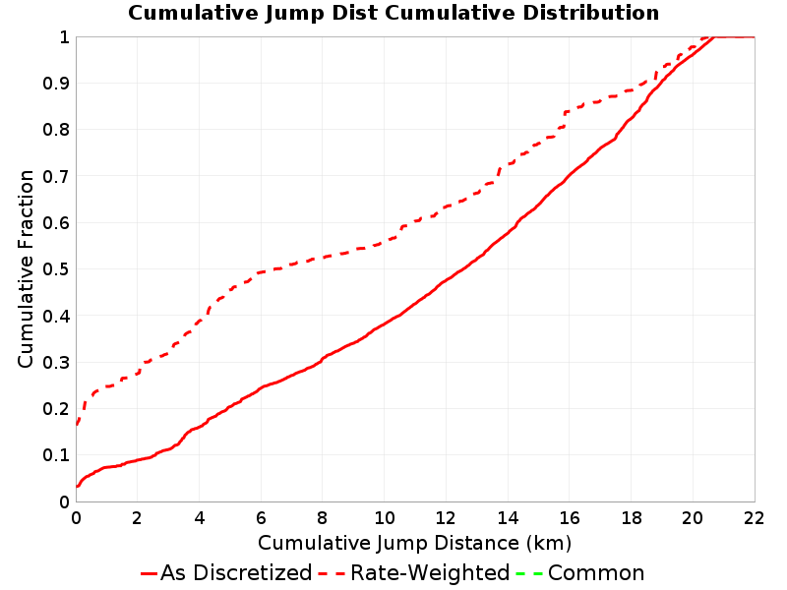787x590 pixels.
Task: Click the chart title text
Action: (x=393, y=13)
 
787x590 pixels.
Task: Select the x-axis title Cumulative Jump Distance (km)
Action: (x=414, y=544)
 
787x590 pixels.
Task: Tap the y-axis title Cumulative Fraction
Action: (x=26, y=268)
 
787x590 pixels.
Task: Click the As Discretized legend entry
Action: (x=226, y=572)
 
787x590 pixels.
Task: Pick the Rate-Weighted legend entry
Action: (x=414, y=572)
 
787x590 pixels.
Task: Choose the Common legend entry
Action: (x=580, y=572)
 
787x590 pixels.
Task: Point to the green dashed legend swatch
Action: (x=528, y=573)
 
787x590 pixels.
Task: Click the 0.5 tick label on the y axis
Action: (x=56, y=269)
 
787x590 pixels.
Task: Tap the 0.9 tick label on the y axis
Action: (x=56, y=84)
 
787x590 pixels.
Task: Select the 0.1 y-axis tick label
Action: (x=56, y=455)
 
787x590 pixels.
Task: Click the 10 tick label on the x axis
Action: (x=384, y=518)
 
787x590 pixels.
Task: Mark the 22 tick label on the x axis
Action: (x=754, y=518)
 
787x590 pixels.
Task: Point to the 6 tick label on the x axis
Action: (x=261, y=518)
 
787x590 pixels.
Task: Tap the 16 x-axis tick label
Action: (x=570, y=518)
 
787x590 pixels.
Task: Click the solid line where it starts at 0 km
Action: (x=77, y=486)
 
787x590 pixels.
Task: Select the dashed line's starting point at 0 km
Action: (x=77, y=425)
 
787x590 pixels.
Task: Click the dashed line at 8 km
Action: (x=323, y=258)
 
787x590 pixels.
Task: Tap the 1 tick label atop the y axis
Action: (x=64, y=37)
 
